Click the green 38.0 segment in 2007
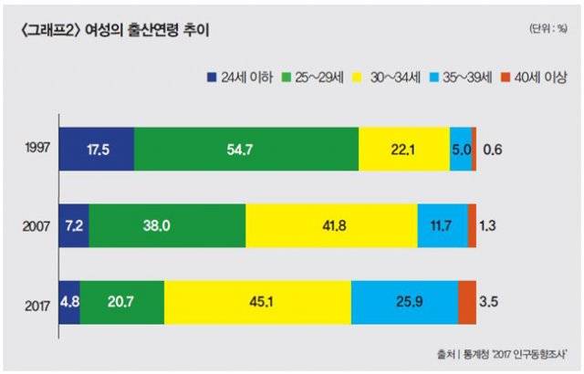(167, 225)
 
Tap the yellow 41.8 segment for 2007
(331, 225)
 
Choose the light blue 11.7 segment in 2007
(443, 225)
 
